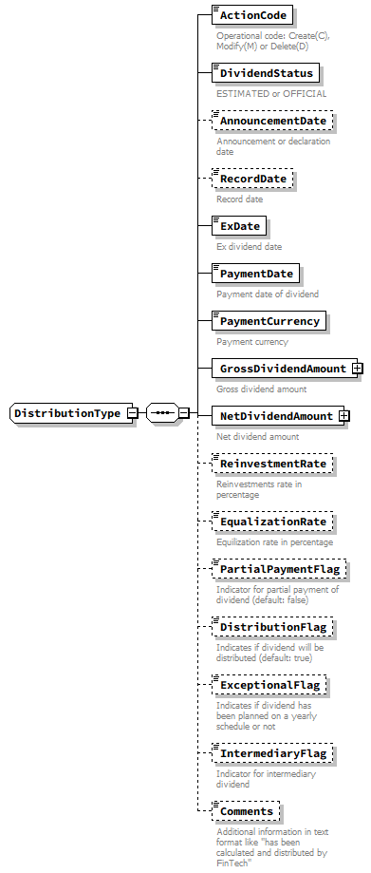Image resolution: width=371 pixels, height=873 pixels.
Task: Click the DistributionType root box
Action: coord(67,413)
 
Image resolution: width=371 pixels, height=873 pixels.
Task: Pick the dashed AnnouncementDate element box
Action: coord(272,122)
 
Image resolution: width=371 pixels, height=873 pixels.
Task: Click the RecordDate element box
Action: coord(253,179)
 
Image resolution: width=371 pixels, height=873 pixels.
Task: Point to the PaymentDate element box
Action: coord(257,274)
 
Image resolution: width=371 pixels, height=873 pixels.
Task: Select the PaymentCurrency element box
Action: coord(270,321)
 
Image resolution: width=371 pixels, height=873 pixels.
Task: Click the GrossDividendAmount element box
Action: coord(282,369)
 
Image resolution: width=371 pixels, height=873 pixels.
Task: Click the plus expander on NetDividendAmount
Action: coord(344,416)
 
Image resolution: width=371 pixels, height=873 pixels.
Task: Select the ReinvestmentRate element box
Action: coord(272,464)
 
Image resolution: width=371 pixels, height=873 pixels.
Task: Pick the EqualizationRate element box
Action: coord(272,522)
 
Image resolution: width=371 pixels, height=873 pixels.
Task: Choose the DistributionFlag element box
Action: coord(272,627)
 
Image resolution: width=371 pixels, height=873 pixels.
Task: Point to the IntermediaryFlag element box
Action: coord(272,753)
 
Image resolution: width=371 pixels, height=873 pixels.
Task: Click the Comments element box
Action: coord(246,811)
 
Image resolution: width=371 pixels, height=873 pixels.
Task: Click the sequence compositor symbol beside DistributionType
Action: coord(162,413)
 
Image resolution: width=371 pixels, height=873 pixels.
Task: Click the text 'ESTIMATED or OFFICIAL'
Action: coord(271,94)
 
